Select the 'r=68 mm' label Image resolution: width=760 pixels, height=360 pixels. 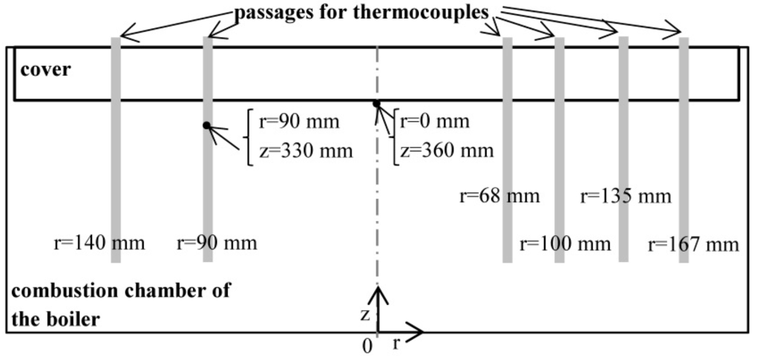pyautogui.click(x=499, y=197)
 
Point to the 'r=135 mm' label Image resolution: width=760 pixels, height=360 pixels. pyautogui.click(x=625, y=197)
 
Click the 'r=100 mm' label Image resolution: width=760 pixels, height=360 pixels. pyautogui.click(x=565, y=244)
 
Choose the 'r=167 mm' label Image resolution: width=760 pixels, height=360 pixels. pyautogui.click(x=694, y=244)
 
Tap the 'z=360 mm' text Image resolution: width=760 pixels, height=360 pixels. pyautogui.click(x=446, y=151)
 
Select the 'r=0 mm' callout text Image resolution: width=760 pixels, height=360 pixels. pyautogui.click(x=436, y=122)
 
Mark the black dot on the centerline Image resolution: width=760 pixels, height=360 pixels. pyautogui.click(x=376, y=104)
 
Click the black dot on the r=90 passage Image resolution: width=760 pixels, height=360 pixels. pyautogui.click(x=206, y=125)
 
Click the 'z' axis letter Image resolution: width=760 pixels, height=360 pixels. pyautogui.click(x=365, y=315)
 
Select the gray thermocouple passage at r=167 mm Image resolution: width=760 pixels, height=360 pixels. pyautogui.click(x=684, y=148)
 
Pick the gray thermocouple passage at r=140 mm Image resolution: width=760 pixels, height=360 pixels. pyautogui.click(x=116, y=148)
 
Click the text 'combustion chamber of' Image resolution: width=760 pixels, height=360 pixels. pyautogui.click(x=121, y=290)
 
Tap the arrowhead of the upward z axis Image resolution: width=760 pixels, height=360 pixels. pyautogui.click(x=379, y=293)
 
